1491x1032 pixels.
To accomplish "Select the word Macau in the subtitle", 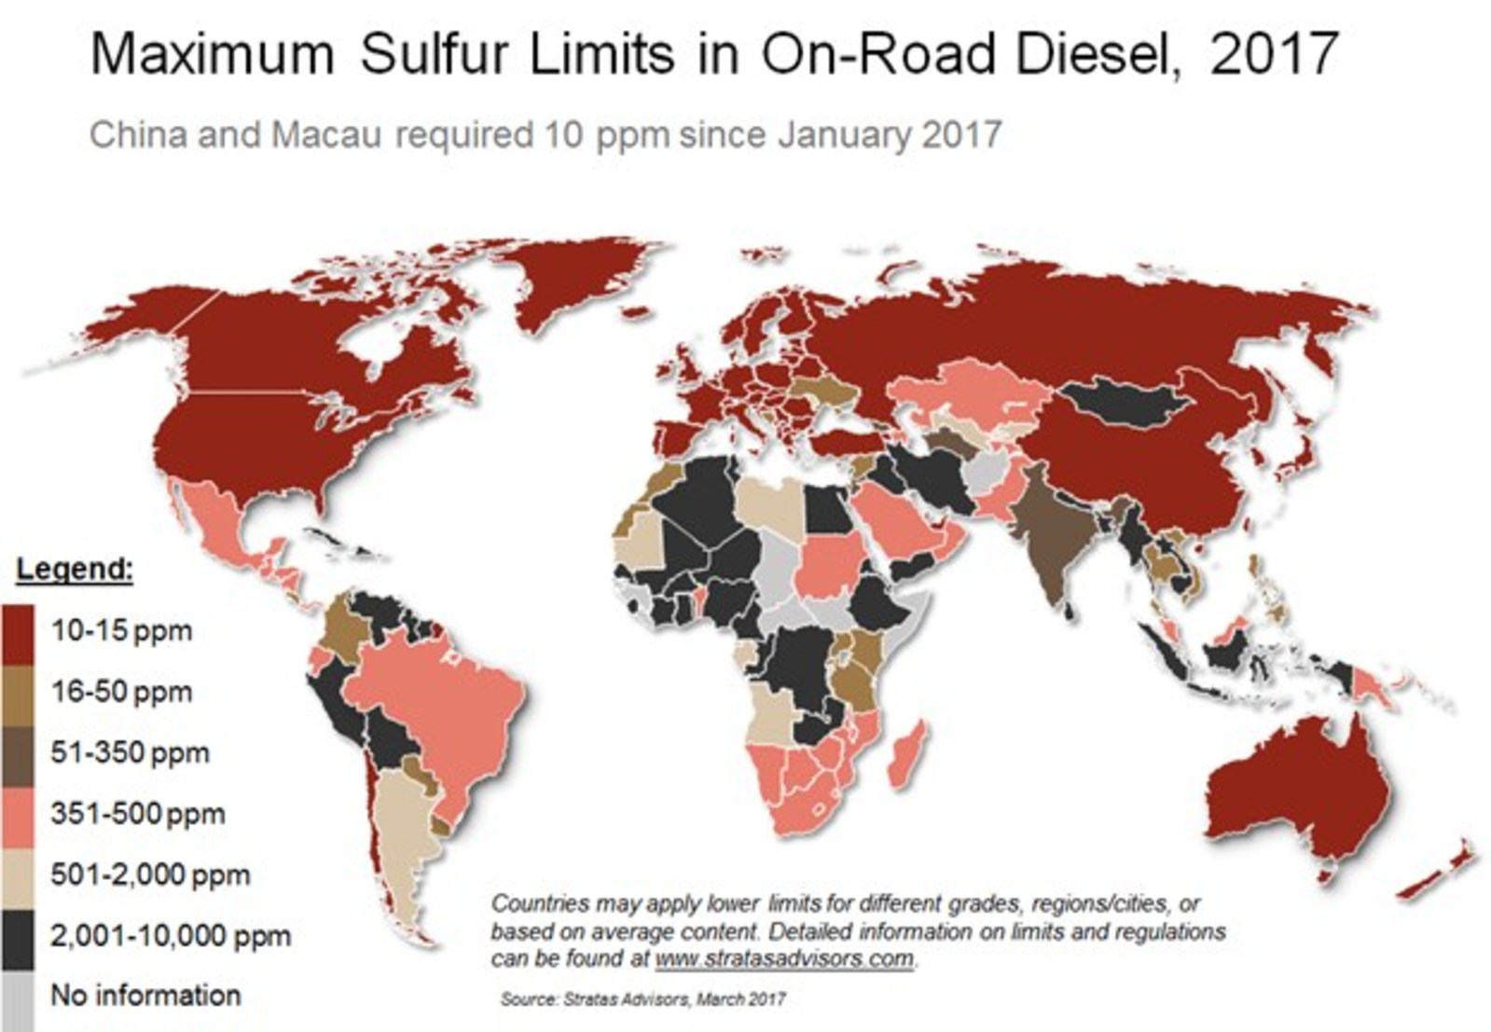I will [326, 135].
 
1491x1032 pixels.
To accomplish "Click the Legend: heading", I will [76, 569].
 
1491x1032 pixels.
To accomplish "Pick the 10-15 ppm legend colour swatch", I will [18, 632].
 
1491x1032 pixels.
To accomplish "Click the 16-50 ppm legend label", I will [121, 692].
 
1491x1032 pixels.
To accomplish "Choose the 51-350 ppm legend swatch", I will [18, 753].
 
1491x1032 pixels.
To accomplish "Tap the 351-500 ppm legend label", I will [137, 814].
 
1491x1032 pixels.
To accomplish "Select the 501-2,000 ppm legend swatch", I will [18, 874].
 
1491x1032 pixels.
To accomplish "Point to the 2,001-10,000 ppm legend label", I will [170, 935].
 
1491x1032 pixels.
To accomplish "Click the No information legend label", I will [145, 995].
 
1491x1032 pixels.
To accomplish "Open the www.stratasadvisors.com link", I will [784, 958].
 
